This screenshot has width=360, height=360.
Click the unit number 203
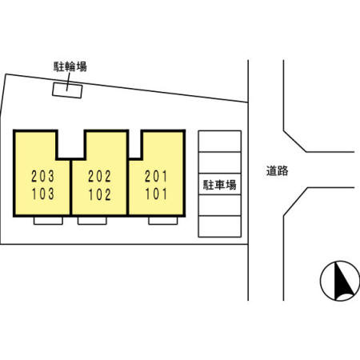click(x=42, y=176)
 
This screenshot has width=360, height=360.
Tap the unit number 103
click(x=42, y=194)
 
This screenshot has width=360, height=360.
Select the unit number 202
click(x=99, y=177)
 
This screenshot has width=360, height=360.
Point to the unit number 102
click(x=99, y=194)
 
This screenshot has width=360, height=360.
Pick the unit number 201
click(x=156, y=177)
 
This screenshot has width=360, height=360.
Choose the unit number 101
click(x=156, y=194)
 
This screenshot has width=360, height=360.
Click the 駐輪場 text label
click(x=70, y=66)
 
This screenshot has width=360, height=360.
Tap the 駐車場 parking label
click(x=220, y=185)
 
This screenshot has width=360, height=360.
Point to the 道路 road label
click(x=277, y=170)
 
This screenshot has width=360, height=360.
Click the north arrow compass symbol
click(x=340, y=281)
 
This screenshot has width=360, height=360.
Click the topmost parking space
click(x=220, y=142)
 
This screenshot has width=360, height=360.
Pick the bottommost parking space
click(x=220, y=226)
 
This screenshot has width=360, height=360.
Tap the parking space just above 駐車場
click(x=220, y=162)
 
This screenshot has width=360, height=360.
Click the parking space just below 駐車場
click(x=220, y=205)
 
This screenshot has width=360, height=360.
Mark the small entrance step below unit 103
click(x=48, y=221)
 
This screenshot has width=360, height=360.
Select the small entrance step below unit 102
click(x=92, y=221)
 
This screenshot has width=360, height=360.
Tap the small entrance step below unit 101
click(x=163, y=221)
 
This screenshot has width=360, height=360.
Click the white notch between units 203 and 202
click(x=71, y=144)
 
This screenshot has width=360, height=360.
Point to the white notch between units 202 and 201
click(x=135, y=144)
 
